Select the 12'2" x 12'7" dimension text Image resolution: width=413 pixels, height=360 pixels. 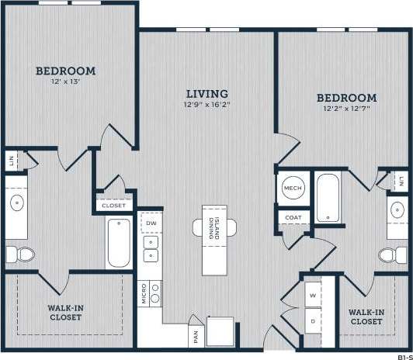(x=346, y=109)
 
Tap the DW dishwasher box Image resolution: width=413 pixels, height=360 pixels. (x=151, y=223)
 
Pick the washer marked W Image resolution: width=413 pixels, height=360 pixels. (x=312, y=296)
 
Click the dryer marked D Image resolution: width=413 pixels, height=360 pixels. (x=312, y=320)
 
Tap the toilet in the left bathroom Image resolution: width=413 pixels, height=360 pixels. (x=19, y=253)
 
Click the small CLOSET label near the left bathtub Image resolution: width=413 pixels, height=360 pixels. (x=114, y=206)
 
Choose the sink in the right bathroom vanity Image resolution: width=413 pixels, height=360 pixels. (x=398, y=210)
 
